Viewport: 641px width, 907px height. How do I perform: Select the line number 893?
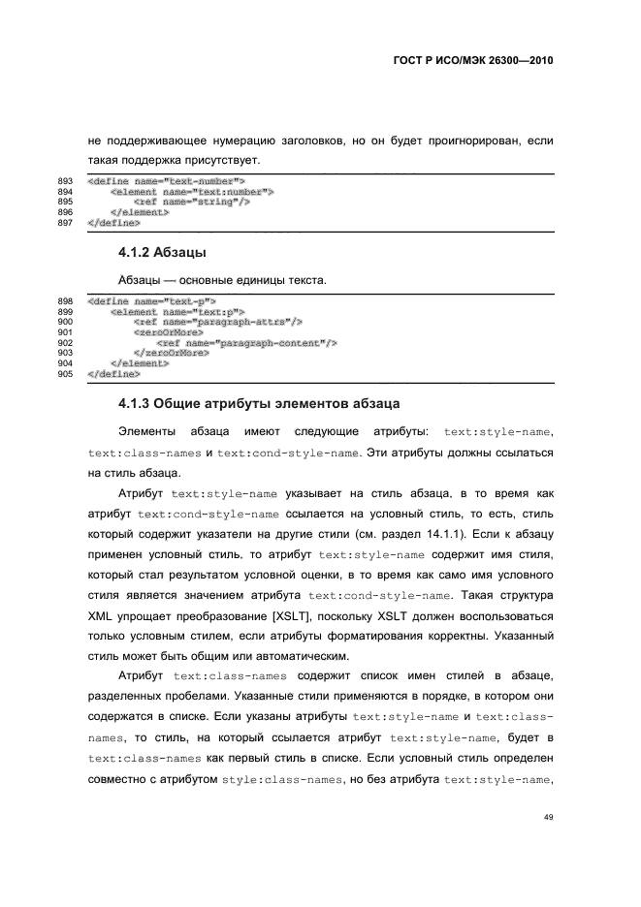[x=66, y=181]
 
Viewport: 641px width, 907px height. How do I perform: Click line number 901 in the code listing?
[x=66, y=331]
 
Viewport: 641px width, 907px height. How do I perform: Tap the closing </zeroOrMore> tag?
[x=172, y=352]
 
